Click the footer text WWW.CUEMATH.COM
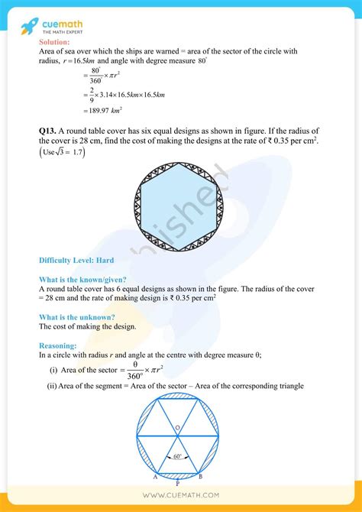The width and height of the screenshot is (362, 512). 180,496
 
